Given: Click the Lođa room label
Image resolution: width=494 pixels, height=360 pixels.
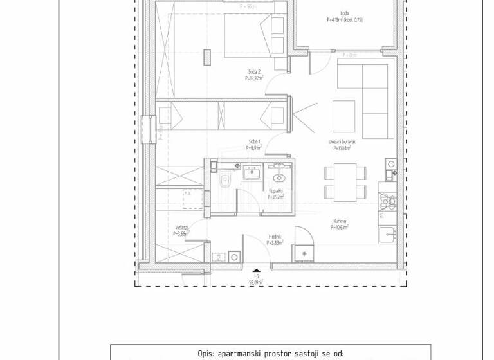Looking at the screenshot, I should (345, 13).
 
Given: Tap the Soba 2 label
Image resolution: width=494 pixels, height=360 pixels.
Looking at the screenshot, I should (254, 72).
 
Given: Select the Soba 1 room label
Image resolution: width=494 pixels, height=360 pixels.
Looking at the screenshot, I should (255, 141).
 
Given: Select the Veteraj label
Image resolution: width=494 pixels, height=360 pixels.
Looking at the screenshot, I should (181, 228).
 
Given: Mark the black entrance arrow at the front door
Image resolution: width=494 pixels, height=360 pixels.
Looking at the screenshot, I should (257, 271).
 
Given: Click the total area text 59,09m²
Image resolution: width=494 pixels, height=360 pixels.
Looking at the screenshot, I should (257, 281).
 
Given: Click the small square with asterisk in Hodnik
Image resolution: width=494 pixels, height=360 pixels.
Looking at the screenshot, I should (304, 255).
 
